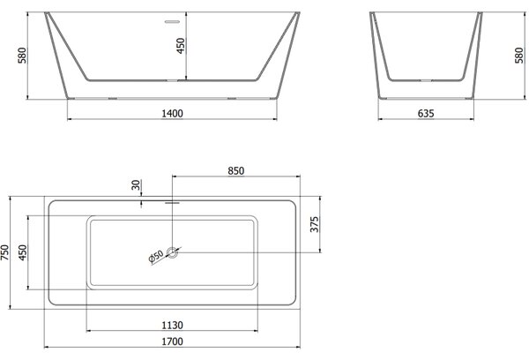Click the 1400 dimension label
173,114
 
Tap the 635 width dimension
426,114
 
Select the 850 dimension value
235,171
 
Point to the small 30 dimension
136,184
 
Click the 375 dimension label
314,225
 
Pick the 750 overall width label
4,252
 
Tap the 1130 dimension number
173,326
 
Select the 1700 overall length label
173,341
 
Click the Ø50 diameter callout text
156,256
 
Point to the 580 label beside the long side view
22,56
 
